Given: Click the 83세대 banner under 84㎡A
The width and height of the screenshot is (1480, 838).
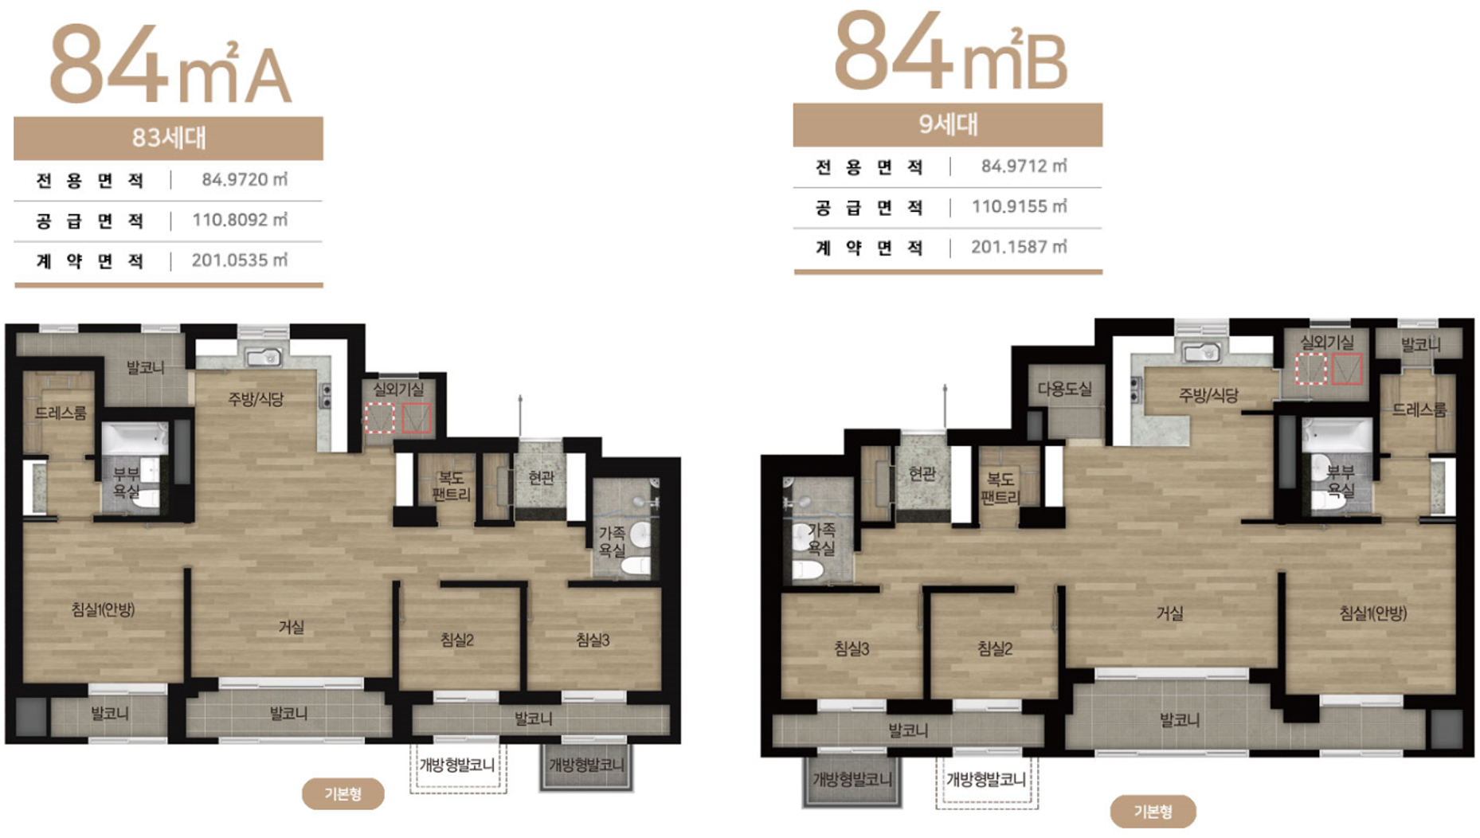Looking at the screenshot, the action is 168,138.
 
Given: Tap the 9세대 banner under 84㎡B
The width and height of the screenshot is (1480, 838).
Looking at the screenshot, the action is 947,124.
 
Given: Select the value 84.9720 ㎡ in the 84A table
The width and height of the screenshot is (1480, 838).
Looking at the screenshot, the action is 245,179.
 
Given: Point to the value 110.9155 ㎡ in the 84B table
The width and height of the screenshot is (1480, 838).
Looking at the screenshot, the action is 1019,206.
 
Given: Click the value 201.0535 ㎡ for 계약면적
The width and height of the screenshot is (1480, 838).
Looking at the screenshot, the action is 240,260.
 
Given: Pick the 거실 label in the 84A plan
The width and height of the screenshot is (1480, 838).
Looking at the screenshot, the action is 292,627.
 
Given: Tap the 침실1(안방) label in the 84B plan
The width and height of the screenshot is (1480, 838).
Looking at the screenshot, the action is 1372,613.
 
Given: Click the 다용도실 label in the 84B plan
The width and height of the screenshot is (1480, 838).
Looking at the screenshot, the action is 1065,389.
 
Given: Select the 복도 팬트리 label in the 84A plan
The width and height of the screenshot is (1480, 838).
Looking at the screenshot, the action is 451,486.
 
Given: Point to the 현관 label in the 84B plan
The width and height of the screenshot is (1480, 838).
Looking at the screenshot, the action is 922,474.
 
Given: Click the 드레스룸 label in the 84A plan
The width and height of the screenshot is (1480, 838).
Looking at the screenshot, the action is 61,413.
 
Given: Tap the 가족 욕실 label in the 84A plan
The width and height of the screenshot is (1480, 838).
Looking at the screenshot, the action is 612,541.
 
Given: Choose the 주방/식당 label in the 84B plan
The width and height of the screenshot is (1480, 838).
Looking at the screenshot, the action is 1208,395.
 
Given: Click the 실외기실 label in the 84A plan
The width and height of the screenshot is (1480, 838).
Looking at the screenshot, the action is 398,389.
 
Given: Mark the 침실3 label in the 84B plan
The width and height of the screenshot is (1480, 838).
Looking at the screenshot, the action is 852,648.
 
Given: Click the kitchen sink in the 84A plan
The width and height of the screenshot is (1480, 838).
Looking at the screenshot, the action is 264,358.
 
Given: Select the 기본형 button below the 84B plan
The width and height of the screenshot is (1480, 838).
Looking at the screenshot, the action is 1153,811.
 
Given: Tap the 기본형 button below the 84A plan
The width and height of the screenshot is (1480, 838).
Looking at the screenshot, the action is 343,793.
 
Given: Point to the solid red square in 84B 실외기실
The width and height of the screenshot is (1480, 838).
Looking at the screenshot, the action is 1347,369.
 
